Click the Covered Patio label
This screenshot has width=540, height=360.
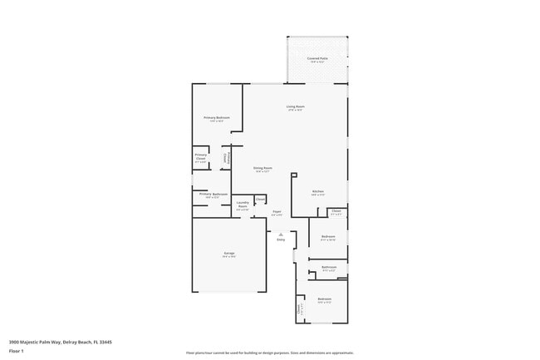pyautogui.click(x=317, y=58)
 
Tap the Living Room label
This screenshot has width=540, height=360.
pyautogui.click(x=295, y=106)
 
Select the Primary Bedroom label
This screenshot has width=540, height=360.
pyautogui.click(x=217, y=118)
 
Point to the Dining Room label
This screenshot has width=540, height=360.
pyautogui.click(x=263, y=168)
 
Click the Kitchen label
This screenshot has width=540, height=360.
pyautogui.click(x=317, y=191)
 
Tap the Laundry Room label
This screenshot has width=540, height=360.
pyautogui.click(x=243, y=204)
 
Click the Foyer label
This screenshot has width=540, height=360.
pyautogui.click(x=277, y=212)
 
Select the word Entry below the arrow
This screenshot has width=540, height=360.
pyautogui.click(x=281, y=239)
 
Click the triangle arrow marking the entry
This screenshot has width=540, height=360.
pyautogui.click(x=281, y=234)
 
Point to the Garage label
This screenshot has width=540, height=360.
pyautogui.click(x=228, y=253)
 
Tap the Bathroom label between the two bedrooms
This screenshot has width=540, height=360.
pyautogui.click(x=328, y=267)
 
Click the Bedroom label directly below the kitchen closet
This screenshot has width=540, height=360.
pyautogui.click(x=327, y=237)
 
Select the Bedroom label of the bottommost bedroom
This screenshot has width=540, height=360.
pyautogui.click(x=324, y=298)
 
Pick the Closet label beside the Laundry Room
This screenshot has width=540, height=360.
pyautogui.click(x=260, y=199)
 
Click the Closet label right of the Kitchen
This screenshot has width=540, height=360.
pyautogui.click(x=336, y=211)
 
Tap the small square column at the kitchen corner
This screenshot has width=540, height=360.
pyautogui.click(x=293, y=175)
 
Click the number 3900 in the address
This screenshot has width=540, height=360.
pyautogui.click(x=15, y=342)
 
